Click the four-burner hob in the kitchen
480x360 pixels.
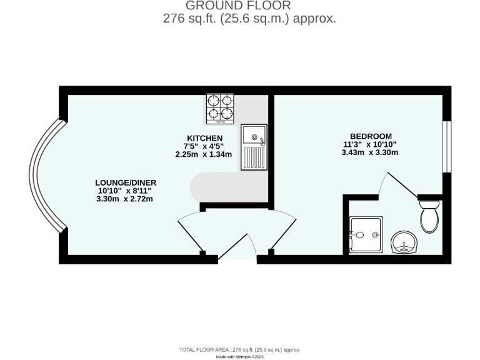click(x=219, y=108)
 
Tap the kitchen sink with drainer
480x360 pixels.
click(x=254, y=147)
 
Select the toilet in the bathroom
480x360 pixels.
click(x=429, y=217)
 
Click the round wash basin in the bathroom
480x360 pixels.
click(x=404, y=242)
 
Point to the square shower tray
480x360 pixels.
click(x=365, y=235)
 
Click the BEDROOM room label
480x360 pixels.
click(x=371, y=136)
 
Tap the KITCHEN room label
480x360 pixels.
click(x=204, y=137)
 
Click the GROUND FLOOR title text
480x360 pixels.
click(x=238, y=6)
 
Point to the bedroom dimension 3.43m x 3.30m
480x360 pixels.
click(x=371, y=153)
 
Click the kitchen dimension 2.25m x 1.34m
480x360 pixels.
click(x=204, y=154)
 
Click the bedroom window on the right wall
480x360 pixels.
click(x=446, y=146)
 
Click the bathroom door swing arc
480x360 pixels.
click(x=397, y=184)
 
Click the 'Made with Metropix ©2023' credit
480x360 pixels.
click(x=240, y=356)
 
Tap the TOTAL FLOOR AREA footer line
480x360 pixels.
click(x=240, y=349)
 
